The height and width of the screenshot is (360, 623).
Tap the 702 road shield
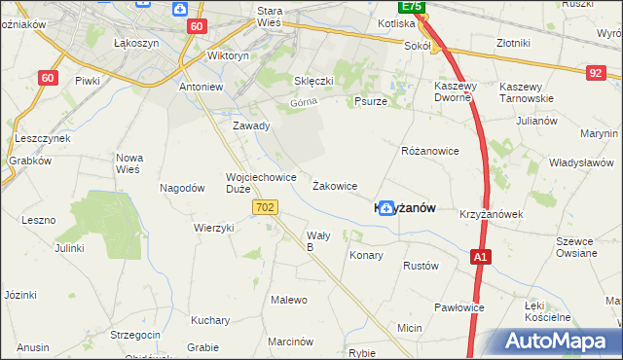click(265, 207)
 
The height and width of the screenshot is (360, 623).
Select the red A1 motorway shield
click(480, 257)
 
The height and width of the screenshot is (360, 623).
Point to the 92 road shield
click(596, 72)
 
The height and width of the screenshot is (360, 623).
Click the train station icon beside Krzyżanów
click(386, 207)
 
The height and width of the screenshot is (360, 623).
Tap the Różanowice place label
click(429, 152)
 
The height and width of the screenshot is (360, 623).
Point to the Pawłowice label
click(459, 307)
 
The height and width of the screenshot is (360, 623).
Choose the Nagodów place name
click(182, 188)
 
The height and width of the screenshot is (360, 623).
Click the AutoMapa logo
click(558, 342)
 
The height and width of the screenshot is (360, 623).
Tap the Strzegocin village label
click(135, 335)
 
